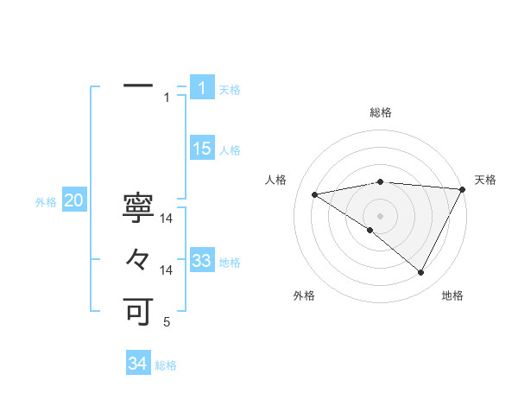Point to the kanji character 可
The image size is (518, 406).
point(138,310)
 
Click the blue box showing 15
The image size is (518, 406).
point(202,149)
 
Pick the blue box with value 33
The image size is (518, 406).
point(202,261)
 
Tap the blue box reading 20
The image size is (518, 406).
point(73,201)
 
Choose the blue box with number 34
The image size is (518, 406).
point(138,364)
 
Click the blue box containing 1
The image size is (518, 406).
point(201,88)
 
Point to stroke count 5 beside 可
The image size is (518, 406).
point(167,323)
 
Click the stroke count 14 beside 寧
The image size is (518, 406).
point(167,219)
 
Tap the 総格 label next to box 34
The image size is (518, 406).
point(166,365)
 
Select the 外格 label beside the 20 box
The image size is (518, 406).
point(46,202)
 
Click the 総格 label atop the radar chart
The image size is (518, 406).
point(380,112)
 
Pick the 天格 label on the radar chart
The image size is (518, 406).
point(485,180)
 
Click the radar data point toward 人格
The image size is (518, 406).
point(315,194)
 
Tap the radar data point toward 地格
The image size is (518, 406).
point(421,273)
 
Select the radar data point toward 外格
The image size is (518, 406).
point(370,230)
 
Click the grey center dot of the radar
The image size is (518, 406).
point(380,215)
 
